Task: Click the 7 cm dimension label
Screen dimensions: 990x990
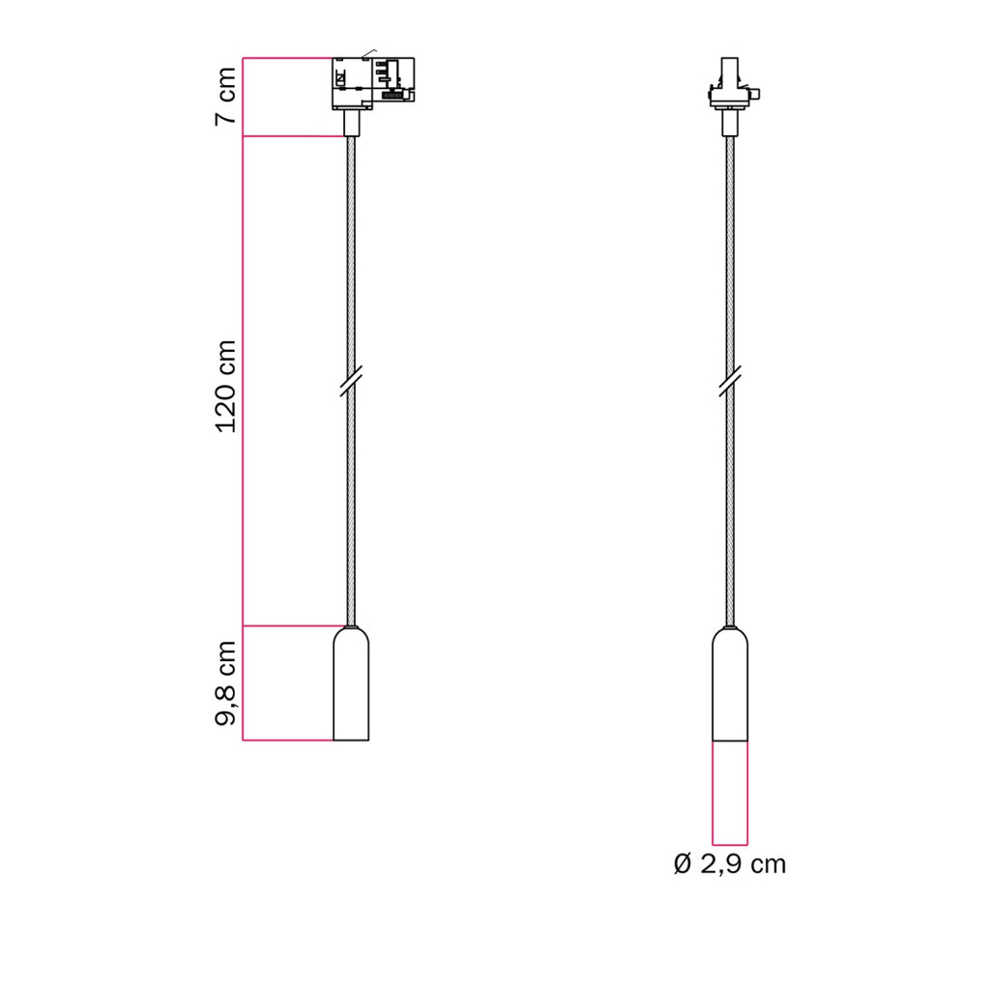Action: (226, 96)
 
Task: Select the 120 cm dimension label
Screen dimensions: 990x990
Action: (226, 387)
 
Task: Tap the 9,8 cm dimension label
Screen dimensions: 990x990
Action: (226, 684)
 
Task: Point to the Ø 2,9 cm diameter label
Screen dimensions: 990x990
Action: (730, 864)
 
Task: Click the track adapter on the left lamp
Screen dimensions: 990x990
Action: (373, 83)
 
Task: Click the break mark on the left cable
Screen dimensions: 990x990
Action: (351, 381)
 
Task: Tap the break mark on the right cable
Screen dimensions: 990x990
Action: (730, 381)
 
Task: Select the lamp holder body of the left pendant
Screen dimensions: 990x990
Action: (351, 684)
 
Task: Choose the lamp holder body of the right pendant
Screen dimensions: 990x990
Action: (730, 684)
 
